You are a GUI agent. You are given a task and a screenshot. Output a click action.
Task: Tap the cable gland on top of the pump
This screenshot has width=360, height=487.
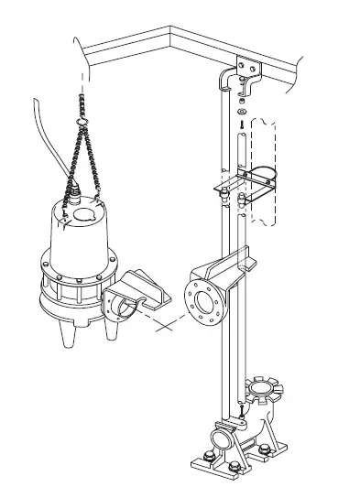pyautogui.click(x=77, y=192)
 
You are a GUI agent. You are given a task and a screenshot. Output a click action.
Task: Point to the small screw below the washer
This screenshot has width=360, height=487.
pyautogui.click(x=240, y=123)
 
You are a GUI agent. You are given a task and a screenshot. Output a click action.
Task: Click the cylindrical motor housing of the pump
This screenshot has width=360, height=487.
pyautogui.click(x=74, y=243)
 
